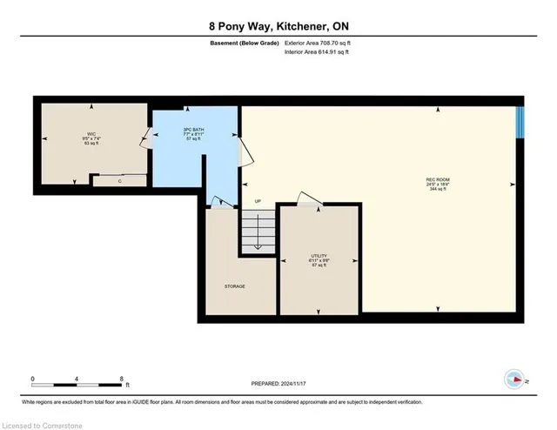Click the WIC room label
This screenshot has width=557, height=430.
[x=87, y=133]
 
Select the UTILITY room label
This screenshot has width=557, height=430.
[x=318, y=255]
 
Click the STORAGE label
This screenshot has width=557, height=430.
[x=235, y=286]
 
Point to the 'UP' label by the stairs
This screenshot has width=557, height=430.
[x=258, y=201]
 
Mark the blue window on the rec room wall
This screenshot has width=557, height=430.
[x=520, y=122]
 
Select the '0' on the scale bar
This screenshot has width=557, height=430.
[x=33, y=379]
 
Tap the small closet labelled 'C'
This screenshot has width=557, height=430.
[x=119, y=180]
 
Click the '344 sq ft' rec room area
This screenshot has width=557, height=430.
[x=437, y=189]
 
